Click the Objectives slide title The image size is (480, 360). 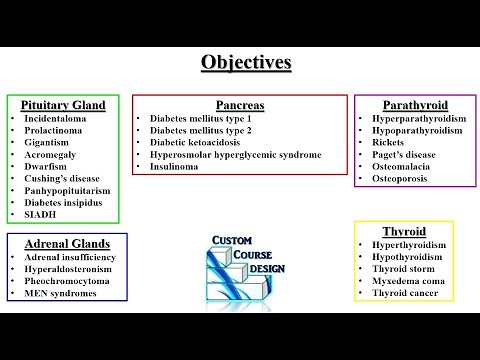[x=246, y=62]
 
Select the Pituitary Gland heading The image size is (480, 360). [x=63, y=104]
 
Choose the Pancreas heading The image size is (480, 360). [x=240, y=104]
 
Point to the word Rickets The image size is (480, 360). [x=389, y=142]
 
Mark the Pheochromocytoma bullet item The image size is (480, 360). [x=70, y=281]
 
